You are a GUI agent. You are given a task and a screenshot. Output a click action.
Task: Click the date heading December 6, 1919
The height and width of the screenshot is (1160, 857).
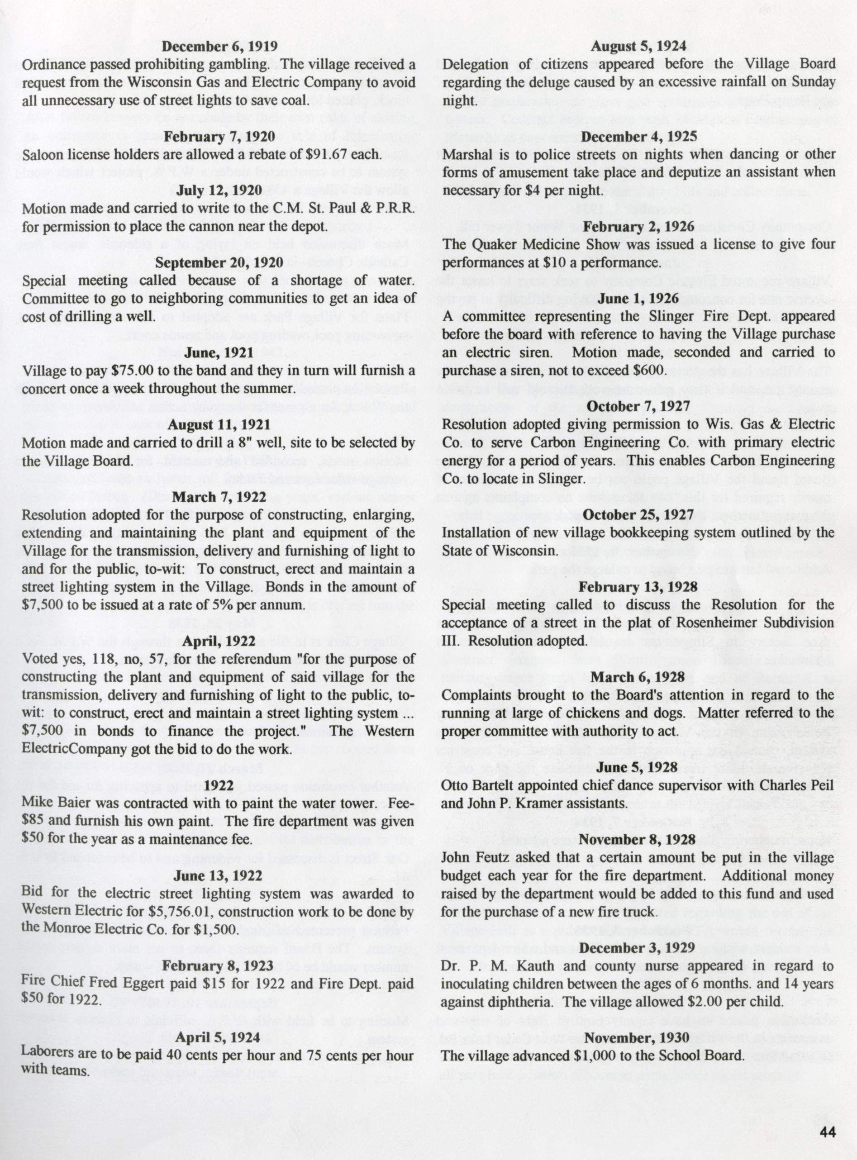click(219, 47)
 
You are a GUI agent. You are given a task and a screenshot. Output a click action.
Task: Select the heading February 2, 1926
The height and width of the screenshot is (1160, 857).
click(638, 227)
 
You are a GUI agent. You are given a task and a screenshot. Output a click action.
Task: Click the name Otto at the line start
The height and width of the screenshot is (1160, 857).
click(454, 785)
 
